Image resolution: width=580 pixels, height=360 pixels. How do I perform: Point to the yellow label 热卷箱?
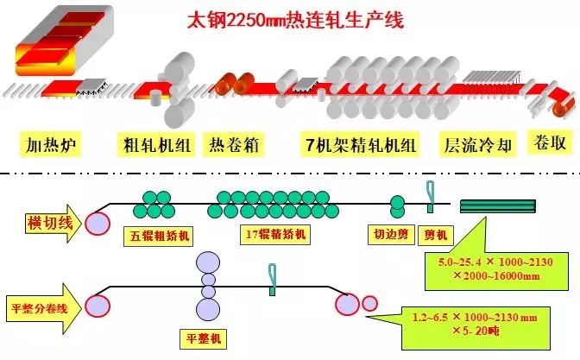[x=234, y=144]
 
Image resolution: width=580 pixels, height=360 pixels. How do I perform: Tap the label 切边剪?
[x=388, y=231]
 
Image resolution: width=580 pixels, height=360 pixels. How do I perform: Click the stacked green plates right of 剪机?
[x=498, y=205]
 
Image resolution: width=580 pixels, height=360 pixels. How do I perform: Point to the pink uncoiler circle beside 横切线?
[x=97, y=220]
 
